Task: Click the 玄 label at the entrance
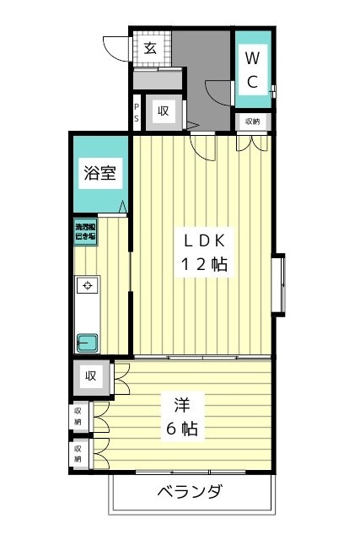[149, 48]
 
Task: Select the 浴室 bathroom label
[99, 175]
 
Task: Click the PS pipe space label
[137, 112]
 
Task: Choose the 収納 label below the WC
[253, 121]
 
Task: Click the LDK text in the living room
[202, 239]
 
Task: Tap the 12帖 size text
[202, 264]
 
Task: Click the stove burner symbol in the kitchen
[87, 287]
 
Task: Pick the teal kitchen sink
[87, 343]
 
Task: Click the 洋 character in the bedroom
[181, 403]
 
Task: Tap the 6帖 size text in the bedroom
[181, 429]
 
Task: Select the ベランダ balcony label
[190, 493]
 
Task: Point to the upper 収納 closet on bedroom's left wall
[78, 415]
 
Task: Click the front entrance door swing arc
[114, 47]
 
